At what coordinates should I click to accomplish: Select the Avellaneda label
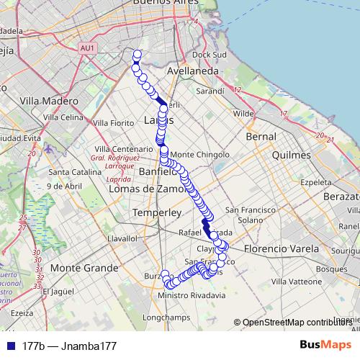pos(192,72)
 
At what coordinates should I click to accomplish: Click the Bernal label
pos(261,136)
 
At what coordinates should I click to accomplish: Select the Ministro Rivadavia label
pos(192,295)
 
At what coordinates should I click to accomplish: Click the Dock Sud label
pos(210,55)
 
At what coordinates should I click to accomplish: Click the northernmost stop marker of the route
pos(137,54)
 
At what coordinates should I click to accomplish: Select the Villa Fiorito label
pos(114,123)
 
